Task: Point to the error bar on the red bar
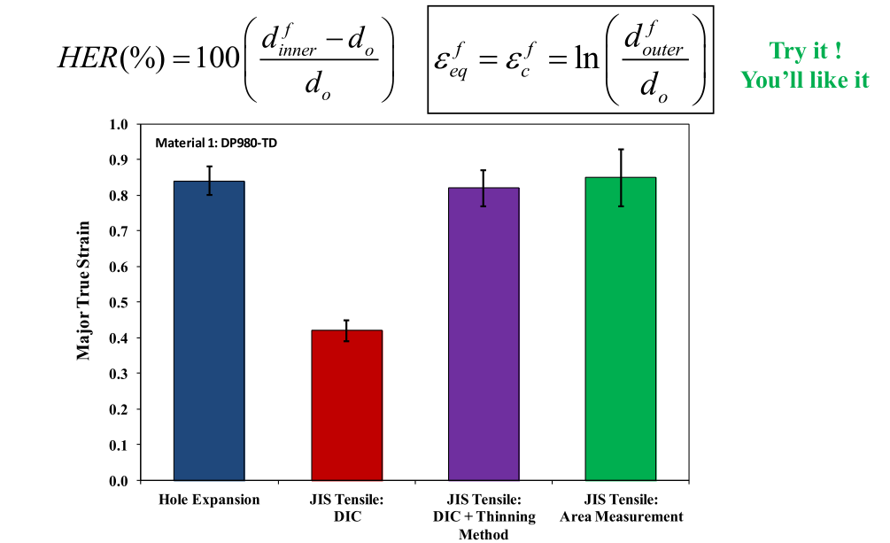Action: tap(347, 330)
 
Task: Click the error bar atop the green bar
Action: tap(621, 177)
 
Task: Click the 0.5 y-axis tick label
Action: tap(119, 302)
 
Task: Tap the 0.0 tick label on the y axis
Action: tap(119, 480)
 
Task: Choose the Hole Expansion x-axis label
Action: tap(209, 500)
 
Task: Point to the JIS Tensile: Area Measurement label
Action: tap(621, 508)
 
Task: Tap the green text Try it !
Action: tap(805, 51)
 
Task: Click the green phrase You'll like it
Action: tap(805, 80)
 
